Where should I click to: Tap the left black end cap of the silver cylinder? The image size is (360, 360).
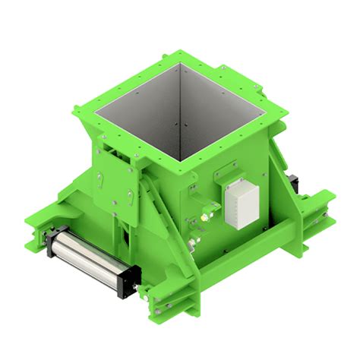51,244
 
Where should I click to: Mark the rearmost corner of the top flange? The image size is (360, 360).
180,52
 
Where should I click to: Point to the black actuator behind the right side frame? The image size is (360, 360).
293,183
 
